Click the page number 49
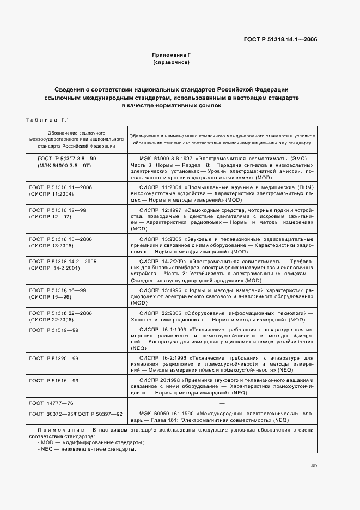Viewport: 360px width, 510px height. point(314,466)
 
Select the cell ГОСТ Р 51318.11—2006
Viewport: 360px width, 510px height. point(60,187)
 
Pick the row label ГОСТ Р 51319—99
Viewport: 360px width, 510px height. point(53,330)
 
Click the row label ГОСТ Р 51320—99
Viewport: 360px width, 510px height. point(53,358)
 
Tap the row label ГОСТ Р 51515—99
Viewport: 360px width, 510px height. point(53,380)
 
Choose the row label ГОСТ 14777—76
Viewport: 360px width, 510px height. point(51,403)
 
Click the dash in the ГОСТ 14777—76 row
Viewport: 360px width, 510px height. point(221,403)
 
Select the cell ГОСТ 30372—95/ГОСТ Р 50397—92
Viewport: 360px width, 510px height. point(75,414)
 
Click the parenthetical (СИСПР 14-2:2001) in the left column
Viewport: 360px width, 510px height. point(55,268)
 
